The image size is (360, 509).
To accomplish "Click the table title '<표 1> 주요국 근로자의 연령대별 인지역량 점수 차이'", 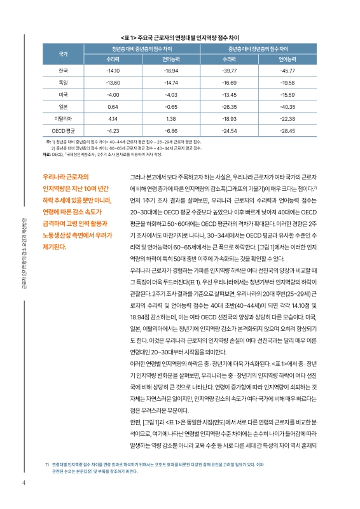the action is [x=179, y=37].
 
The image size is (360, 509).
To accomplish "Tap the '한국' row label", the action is [x=63, y=71].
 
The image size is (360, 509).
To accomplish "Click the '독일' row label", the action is [x=63, y=83].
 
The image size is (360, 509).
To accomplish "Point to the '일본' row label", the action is [x=63, y=106].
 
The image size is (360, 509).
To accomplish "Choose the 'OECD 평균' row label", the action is [x=63, y=130].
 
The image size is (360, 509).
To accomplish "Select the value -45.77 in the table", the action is [x=287, y=71].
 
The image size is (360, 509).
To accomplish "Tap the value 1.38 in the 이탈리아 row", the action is [x=170, y=118].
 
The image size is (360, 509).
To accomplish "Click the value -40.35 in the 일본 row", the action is [x=287, y=106].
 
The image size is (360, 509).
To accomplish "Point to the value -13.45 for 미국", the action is [x=230, y=95].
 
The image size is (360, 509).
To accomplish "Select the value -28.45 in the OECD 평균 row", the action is [x=287, y=130].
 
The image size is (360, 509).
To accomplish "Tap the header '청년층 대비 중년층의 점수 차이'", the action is [x=142, y=48].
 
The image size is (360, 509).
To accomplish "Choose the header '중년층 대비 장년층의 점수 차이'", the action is [x=258, y=48].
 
